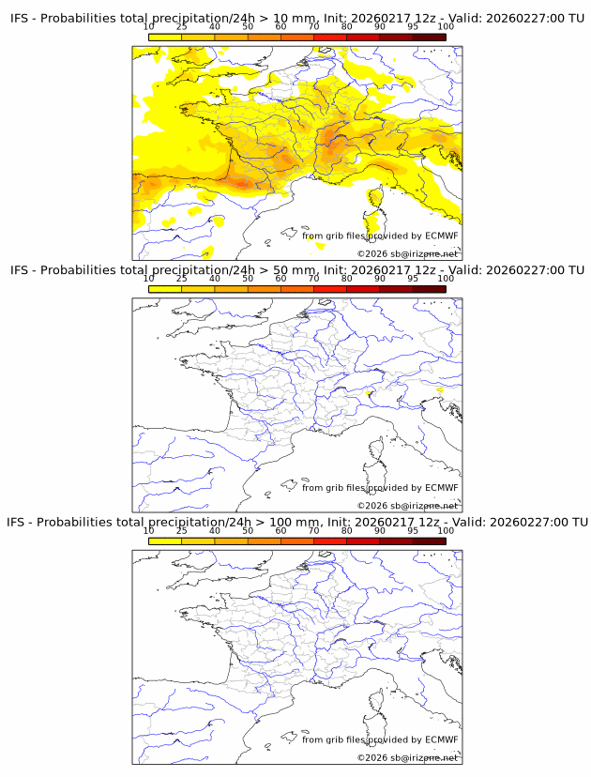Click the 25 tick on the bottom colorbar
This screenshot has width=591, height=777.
[181, 541]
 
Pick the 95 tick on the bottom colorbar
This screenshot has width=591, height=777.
[413, 541]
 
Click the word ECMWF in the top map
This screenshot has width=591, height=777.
[441, 236]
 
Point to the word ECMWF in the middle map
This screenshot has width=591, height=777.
[441, 487]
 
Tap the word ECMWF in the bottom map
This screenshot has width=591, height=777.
[441, 739]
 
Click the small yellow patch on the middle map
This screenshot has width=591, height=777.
[372, 391]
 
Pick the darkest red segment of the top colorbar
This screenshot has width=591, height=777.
[429, 37]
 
